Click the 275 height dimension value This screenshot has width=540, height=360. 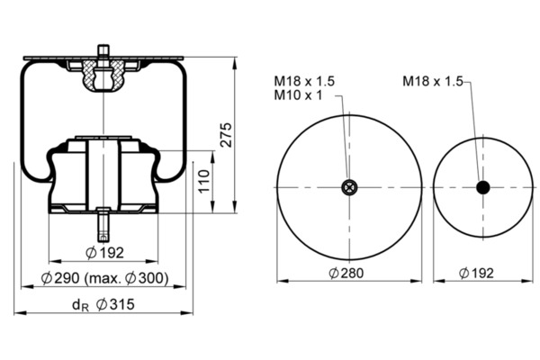pos(226,135)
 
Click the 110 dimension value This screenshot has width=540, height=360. pos(204,181)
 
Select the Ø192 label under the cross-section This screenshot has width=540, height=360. pos(104,253)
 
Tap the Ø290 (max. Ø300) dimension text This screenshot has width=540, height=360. pos(105,278)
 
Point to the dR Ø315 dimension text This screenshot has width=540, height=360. pos(103,305)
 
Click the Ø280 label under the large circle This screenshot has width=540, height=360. pos(346,274)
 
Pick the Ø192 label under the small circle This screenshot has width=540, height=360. pos(476,274)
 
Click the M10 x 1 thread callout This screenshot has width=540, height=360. pos(298,95)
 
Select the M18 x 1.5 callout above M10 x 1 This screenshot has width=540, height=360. pos(304,81)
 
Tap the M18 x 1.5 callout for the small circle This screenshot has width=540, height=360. pos(433,82)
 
